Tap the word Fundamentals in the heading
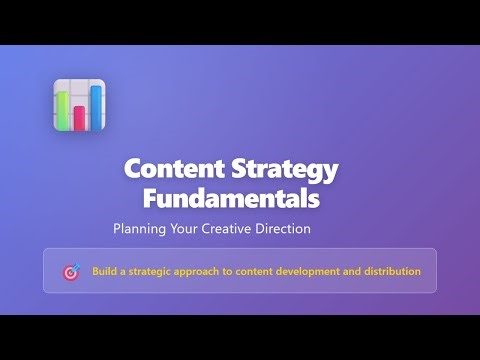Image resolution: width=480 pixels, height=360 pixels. (231, 198)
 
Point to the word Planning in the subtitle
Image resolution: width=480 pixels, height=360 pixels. (141, 229)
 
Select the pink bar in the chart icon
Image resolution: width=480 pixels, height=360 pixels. (79, 118)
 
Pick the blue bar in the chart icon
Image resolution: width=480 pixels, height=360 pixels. (96, 108)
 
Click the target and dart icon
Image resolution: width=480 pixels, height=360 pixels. (71, 271)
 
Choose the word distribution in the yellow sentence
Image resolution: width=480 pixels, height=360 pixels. (391, 271)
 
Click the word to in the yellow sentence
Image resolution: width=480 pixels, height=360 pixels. (234, 271)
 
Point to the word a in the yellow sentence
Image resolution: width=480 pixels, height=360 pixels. (124, 271)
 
